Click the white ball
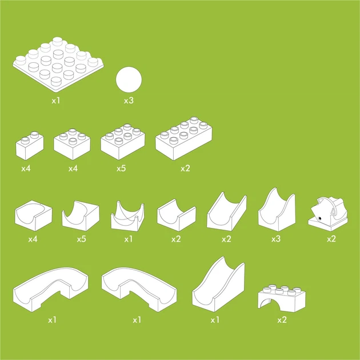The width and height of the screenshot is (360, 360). point(129,79)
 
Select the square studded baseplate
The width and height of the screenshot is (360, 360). point(58,65)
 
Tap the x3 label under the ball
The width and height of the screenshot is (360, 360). point(129,101)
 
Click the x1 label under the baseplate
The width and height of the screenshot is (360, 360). point(56,101)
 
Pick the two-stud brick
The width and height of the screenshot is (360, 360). point(30,146)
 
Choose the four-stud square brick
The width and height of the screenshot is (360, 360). point(72,144)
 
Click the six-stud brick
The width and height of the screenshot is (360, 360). point(123,142)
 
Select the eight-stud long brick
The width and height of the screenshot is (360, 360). point(183,138)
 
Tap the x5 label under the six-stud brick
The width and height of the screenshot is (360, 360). point(121,169)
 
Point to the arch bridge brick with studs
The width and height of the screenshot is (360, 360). point(282,298)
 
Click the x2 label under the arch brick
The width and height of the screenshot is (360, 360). point(282,320)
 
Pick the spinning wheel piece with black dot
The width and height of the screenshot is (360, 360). point(328,214)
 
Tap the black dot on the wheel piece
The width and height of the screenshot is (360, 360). point(319,218)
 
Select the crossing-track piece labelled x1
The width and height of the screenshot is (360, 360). point(127,216)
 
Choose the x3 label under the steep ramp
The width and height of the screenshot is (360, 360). point(276,239)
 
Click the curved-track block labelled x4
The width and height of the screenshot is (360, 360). point(34,215)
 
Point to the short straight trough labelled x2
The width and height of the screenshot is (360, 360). point(177,215)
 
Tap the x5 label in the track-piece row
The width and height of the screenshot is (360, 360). point(81,239)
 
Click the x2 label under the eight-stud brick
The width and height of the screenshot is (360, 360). point(185,169)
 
